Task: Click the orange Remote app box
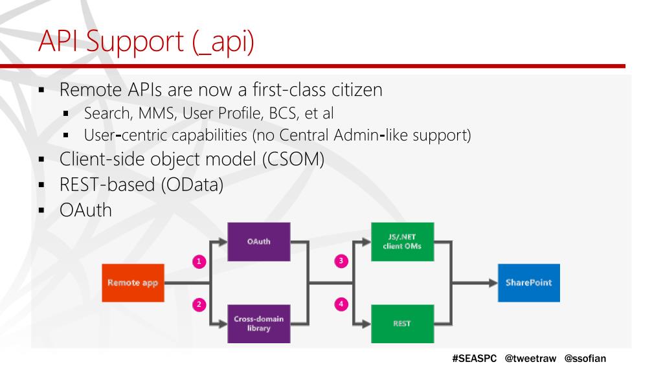pos(132,282)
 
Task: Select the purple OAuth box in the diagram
pos(258,242)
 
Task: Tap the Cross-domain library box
pos(258,322)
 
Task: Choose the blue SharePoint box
pos(529,282)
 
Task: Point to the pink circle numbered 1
pos(200,261)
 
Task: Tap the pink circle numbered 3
pos(343,261)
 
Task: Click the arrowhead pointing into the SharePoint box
pos(492,282)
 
